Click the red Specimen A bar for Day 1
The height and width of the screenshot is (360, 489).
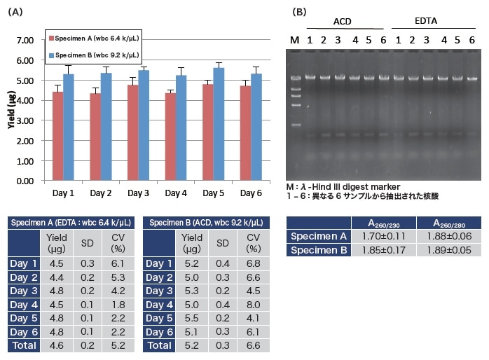pos(57,136)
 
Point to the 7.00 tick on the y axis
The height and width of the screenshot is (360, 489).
pos(25,40)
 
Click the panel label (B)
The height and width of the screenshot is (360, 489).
pos(299,11)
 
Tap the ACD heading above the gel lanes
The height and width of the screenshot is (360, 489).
pos(342,22)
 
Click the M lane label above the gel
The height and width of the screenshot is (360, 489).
pos(294,40)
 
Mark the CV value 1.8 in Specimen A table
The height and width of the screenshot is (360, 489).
pos(118,305)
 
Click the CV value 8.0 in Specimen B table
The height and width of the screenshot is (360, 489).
pos(254,305)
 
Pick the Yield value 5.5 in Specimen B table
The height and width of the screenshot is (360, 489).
pos(191,318)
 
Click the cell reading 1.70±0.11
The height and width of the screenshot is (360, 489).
pos(384,237)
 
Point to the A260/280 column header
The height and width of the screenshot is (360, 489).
pos(448,223)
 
